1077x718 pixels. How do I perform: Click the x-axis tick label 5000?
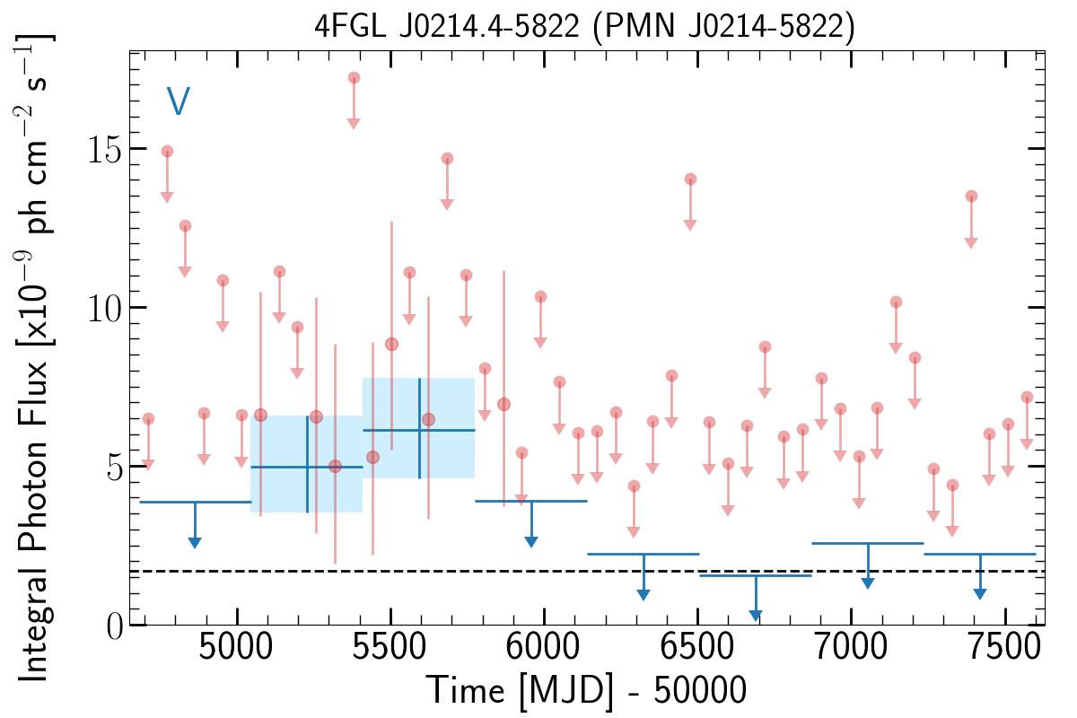pos(235,647)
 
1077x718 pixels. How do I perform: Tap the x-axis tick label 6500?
pos(696,647)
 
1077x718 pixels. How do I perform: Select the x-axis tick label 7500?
pos(1004,647)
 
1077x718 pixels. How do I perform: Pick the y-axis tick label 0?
pos(115,626)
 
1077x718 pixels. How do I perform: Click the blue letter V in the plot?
pos(178,101)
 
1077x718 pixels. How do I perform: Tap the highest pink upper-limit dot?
pos(354,78)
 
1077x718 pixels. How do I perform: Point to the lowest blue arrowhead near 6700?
pos(756,615)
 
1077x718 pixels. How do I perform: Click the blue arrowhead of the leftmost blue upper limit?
pos(194,542)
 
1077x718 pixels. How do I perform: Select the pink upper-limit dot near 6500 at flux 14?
pos(690,179)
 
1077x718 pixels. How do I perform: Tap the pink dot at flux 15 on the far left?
pos(167,152)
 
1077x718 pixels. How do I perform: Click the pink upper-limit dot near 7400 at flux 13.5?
pos(971,197)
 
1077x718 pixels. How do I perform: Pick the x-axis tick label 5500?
pos(390,647)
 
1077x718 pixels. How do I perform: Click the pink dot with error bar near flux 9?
pos(391,345)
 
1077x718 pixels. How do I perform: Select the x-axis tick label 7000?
pos(851,647)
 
